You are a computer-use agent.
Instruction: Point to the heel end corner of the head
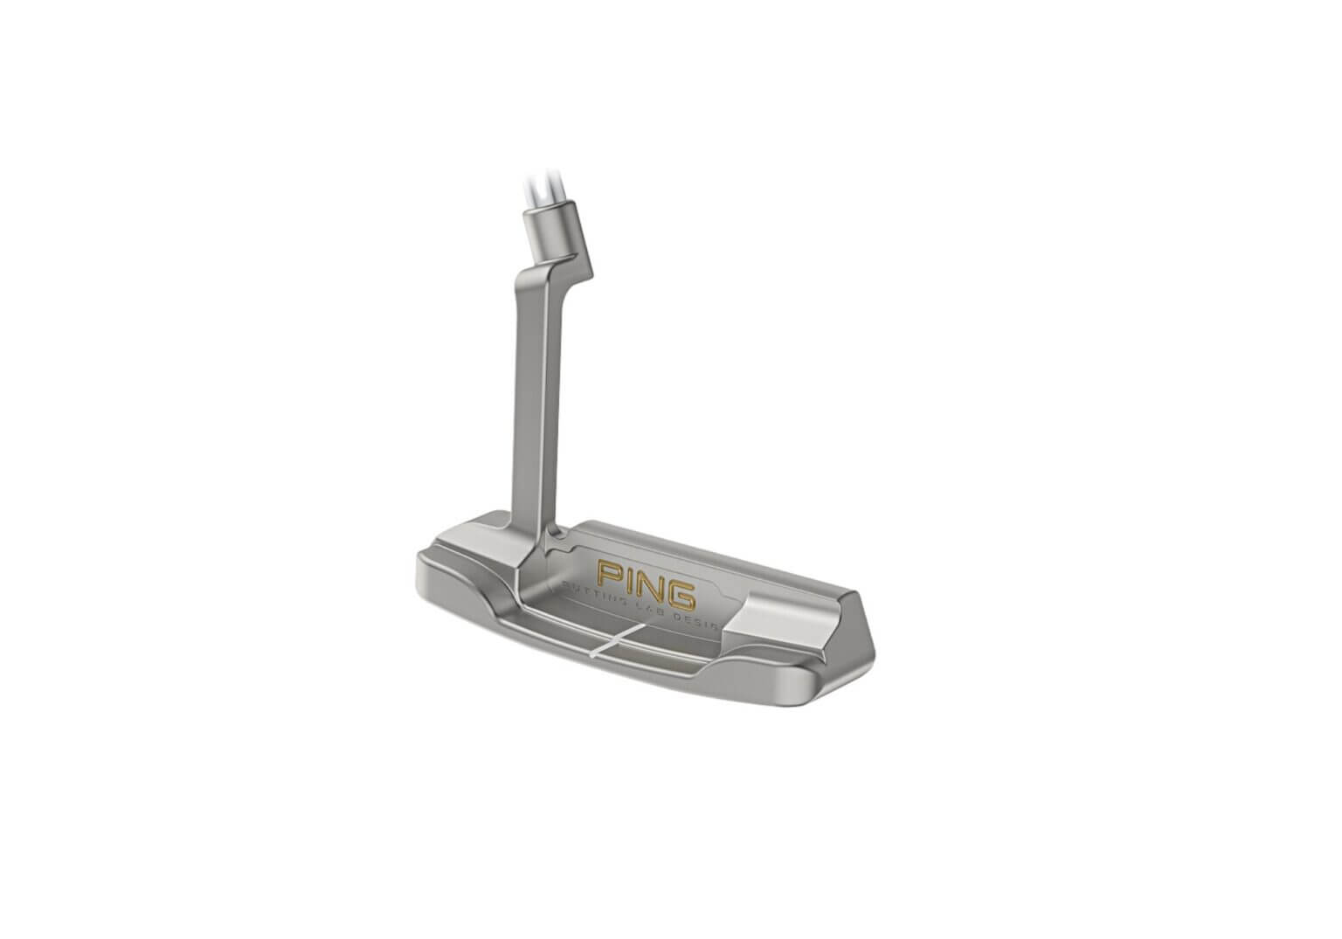[x=421, y=563]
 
